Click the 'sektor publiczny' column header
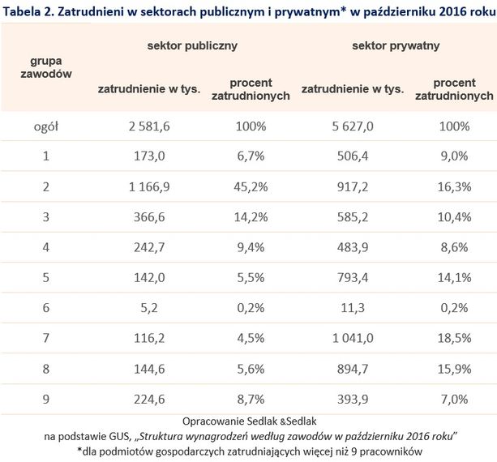point(191,46)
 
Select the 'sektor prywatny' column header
point(396,46)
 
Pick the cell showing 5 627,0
point(351,127)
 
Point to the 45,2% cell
point(251,187)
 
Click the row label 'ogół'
point(46,127)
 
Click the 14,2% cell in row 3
point(251,216)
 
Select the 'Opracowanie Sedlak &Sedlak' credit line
point(249,422)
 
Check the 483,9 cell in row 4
point(351,246)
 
